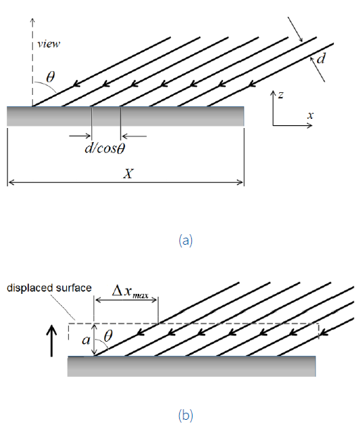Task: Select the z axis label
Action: [x=281, y=95]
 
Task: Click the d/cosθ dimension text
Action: [x=106, y=148]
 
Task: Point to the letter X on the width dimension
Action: [x=127, y=174]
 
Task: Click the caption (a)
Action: [x=185, y=240]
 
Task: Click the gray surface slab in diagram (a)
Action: [x=125, y=116]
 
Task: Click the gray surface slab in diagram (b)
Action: [x=191, y=366]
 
